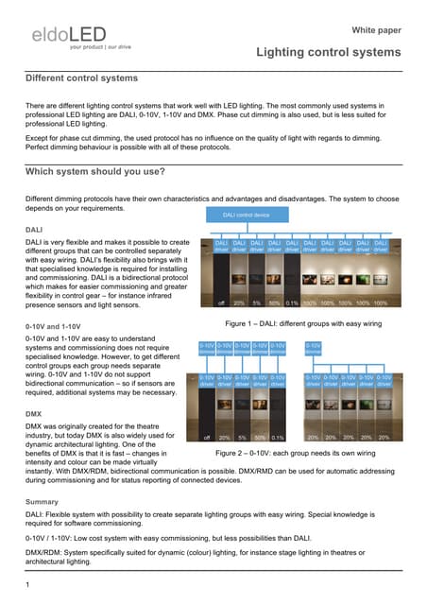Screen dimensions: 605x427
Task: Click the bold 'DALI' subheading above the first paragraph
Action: pos(34,230)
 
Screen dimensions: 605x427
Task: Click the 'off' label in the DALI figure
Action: pos(220,303)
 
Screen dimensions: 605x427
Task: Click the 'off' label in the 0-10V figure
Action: pos(206,438)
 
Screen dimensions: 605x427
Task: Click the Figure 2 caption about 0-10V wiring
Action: pos(298,454)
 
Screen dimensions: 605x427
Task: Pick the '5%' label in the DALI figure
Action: pos(257,303)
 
